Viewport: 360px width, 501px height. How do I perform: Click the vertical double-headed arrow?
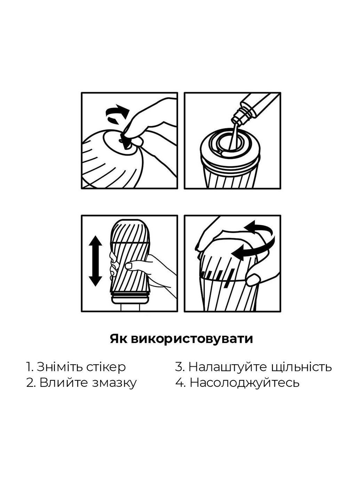95,261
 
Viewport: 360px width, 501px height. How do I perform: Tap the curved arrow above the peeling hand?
117,115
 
